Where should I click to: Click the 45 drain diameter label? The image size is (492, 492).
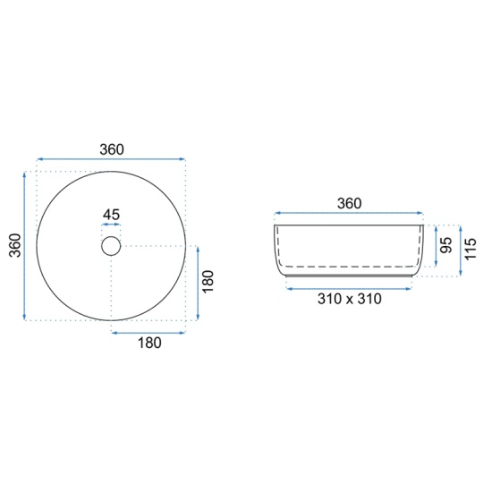coord(112,215)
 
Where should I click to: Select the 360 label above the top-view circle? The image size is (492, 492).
coord(112,149)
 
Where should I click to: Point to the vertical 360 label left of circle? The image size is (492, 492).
coord(14,245)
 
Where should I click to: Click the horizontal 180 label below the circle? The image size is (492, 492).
coord(149,343)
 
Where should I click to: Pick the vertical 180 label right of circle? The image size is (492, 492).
coord(208,282)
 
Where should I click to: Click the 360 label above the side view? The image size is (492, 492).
coord(349,203)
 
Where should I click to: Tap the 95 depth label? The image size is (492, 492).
coord(446,245)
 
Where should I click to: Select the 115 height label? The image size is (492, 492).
coord(471,249)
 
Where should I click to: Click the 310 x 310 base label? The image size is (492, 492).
coord(350,299)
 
